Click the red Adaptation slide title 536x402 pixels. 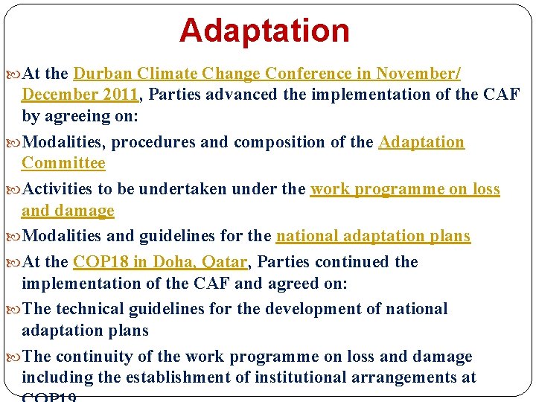pos(264,31)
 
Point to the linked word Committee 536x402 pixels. pos(63,163)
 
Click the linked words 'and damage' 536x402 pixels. pos(68,211)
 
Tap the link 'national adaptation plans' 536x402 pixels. pos(373,236)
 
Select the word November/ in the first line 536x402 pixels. pos(418,74)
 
